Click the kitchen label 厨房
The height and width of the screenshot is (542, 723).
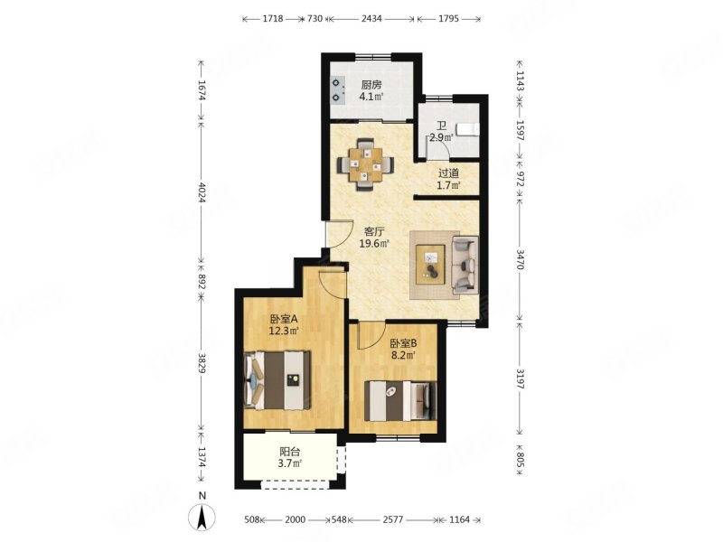tap(371, 85)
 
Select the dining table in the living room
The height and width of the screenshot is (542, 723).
tap(365, 164)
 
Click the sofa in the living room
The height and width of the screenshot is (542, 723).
tap(465, 265)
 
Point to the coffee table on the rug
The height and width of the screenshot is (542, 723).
tap(431, 265)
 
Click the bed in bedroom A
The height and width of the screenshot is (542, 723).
tap(277, 380)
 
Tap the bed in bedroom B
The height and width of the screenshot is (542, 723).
tap(400, 400)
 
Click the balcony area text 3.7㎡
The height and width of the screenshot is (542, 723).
tap(289, 463)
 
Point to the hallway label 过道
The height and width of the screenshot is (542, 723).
tap(448, 173)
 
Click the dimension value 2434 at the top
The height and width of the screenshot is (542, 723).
tap(371, 18)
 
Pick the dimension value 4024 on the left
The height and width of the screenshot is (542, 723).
tap(201, 192)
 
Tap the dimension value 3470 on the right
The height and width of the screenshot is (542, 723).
tap(521, 260)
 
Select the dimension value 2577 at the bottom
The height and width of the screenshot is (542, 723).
tap(393, 520)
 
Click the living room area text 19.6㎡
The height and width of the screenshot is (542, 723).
tap(374, 243)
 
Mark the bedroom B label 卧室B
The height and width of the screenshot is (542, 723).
tap(403, 343)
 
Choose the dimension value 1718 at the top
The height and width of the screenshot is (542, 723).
tap(273, 18)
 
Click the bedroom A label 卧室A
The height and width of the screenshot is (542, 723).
tap(284, 319)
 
